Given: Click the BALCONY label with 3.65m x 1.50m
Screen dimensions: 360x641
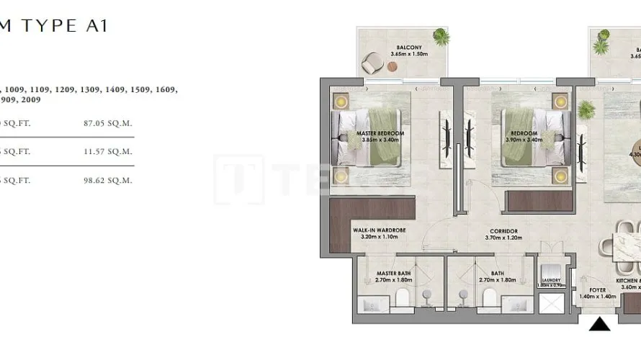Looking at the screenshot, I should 408,51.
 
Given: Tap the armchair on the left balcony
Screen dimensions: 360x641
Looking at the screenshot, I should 374,63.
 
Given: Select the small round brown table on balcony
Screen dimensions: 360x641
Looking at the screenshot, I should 392,66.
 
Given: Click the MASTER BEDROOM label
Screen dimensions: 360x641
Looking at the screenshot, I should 380,137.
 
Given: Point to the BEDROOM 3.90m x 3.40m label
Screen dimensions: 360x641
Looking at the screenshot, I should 524,137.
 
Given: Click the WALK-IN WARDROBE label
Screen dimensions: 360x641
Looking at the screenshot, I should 379,233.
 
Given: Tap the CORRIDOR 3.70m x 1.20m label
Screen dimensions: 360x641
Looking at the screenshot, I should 501,234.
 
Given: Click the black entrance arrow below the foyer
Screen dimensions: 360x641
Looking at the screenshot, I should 599,325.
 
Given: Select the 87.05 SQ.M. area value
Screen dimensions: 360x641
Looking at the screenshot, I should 108,123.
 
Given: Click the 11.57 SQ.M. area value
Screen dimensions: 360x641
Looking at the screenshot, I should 108,152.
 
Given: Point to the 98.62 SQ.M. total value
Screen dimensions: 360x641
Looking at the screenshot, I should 108,181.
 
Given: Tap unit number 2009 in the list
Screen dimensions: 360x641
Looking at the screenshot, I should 39,100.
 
